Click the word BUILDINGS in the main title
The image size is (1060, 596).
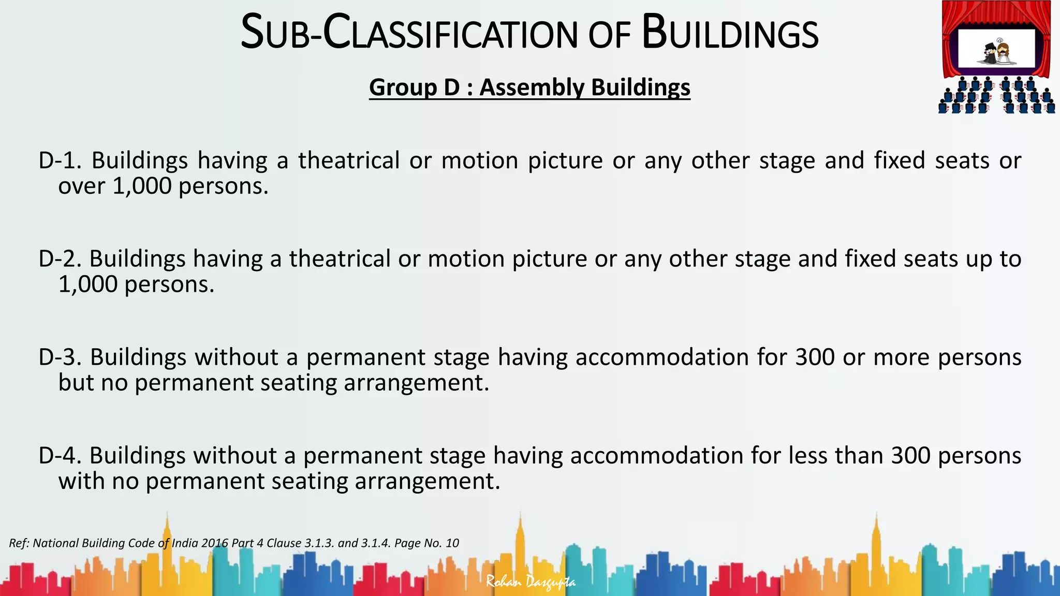[x=730, y=34]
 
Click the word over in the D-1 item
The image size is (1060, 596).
[x=81, y=186]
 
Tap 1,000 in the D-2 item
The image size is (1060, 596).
[x=87, y=285]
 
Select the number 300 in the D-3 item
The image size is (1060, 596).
[x=815, y=357]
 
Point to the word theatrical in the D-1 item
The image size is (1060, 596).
[x=348, y=161]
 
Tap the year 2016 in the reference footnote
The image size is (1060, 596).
[x=215, y=543]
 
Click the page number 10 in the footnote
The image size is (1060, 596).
[x=452, y=543]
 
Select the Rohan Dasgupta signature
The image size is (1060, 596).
[x=531, y=582]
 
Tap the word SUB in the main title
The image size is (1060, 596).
[x=274, y=34]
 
